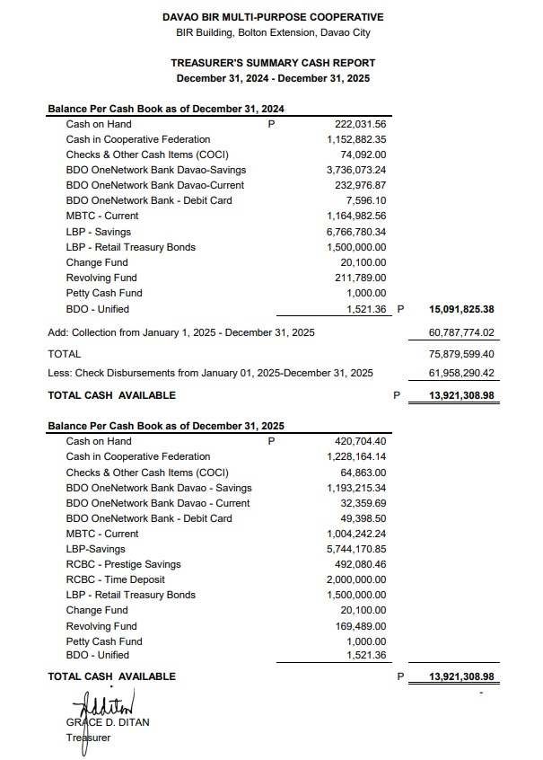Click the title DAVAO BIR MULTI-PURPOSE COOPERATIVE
[x=273, y=17]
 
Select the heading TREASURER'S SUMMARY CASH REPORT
[x=273, y=63]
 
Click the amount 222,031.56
[x=360, y=124]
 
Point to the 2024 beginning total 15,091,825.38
[x=462, y=309]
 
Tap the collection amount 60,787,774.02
[x=463, y=332]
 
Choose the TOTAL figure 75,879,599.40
[x=463, y=355]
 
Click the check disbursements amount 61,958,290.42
[x=463, y=372]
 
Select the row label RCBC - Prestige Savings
[x=123, y=564]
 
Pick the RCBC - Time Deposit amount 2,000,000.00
[x=356, y=579]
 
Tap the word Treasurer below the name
[x=88, y=738]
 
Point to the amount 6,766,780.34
[x=356, y=232]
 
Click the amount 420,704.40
[x=360, y=441]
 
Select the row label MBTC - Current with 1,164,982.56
[x=102, y=216]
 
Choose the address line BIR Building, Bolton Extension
[x=273, y=33]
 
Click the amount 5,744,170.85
[x=356, y=549]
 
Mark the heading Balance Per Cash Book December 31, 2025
[x=166, y=426]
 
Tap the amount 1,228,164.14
[x=356, y=456]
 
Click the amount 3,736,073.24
[x=356, y=170]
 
